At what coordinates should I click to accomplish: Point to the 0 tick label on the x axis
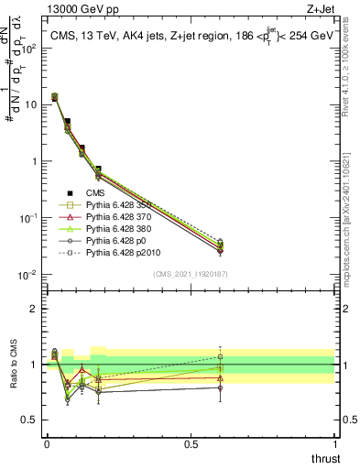tap(47, 443)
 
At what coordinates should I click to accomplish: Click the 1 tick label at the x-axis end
tap(334, 443)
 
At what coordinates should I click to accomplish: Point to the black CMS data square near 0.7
tap(98, 169)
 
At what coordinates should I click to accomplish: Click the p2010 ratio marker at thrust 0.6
tap(220, 356)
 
